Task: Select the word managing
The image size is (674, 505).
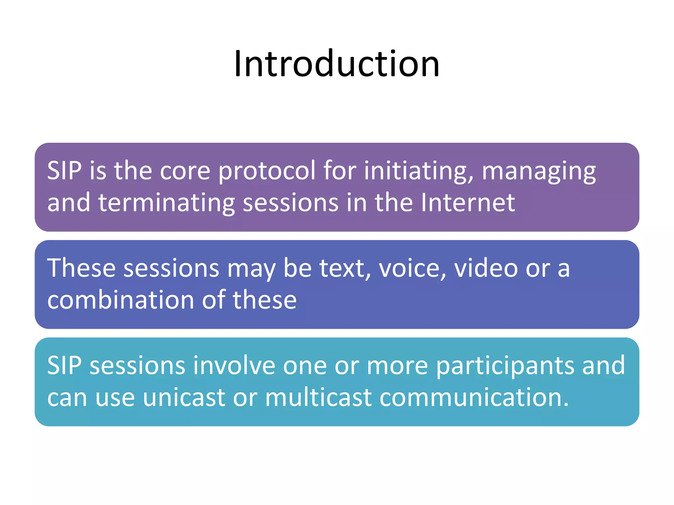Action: tap(539, 172)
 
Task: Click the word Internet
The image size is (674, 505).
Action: tap(468, 203)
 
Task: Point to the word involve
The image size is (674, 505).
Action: tap(234, 365)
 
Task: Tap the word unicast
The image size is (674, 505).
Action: tap(184, 397)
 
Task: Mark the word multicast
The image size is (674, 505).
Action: tap(318, 397)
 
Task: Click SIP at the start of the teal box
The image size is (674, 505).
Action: tap(64, 365)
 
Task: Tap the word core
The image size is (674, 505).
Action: tap(185, 172)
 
